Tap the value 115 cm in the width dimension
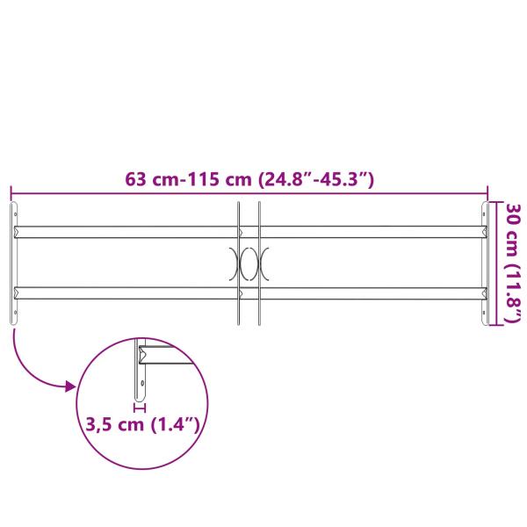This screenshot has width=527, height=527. click(220, 181)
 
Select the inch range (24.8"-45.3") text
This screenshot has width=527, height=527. click(317, 181)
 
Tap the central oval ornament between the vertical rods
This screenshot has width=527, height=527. click(249, 263)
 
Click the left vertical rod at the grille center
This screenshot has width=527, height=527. click(238, 263)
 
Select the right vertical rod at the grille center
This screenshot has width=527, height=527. click(259, 263)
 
